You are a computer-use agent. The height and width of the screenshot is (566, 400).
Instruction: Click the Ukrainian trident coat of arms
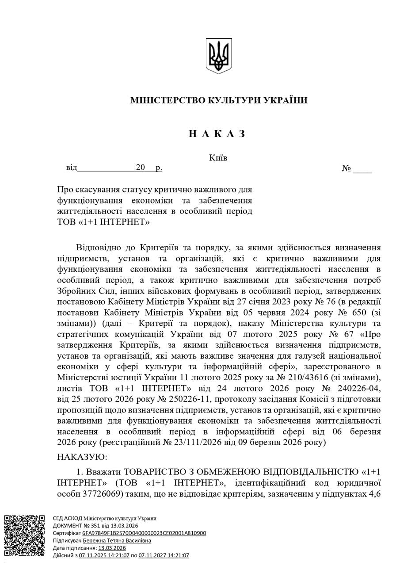click(x=219, y=56)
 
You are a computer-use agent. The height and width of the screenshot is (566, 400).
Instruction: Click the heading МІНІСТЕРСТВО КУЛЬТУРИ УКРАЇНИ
click(x=219, y=100)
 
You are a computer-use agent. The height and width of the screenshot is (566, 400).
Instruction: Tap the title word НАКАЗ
click(x=217, y=134)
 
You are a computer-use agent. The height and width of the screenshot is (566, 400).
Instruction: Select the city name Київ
click(x=218, y=158)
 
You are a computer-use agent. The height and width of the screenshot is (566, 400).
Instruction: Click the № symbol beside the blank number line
click(x=346, y=168)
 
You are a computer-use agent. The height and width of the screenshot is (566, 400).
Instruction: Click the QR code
click(x=24, y=535)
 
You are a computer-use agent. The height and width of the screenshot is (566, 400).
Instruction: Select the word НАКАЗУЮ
click(x=82, y=456)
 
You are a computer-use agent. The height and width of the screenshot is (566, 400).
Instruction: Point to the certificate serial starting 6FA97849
click(x=144, y=533)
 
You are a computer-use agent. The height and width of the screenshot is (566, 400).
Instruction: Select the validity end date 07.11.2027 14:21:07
click(x=164, y=555)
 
